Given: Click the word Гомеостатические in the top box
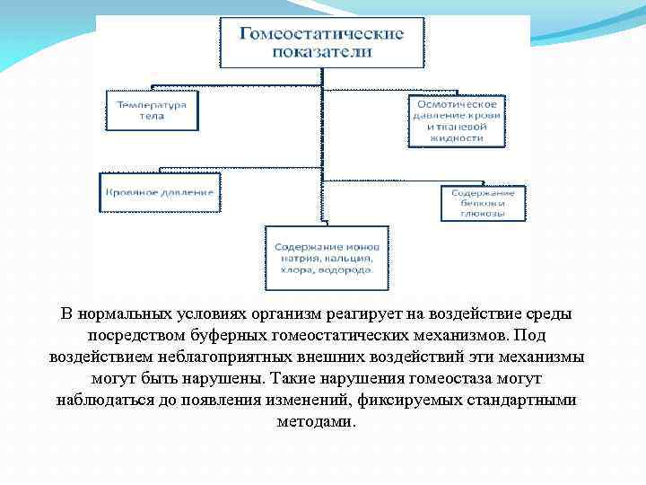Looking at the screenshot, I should [320, 33].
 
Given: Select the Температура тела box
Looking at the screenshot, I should [152, 110].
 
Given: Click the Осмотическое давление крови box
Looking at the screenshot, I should [457, 120].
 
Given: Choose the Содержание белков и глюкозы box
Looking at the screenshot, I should [483, 203].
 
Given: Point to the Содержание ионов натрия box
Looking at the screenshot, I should [327, 257].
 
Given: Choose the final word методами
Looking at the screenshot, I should [322, 419].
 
